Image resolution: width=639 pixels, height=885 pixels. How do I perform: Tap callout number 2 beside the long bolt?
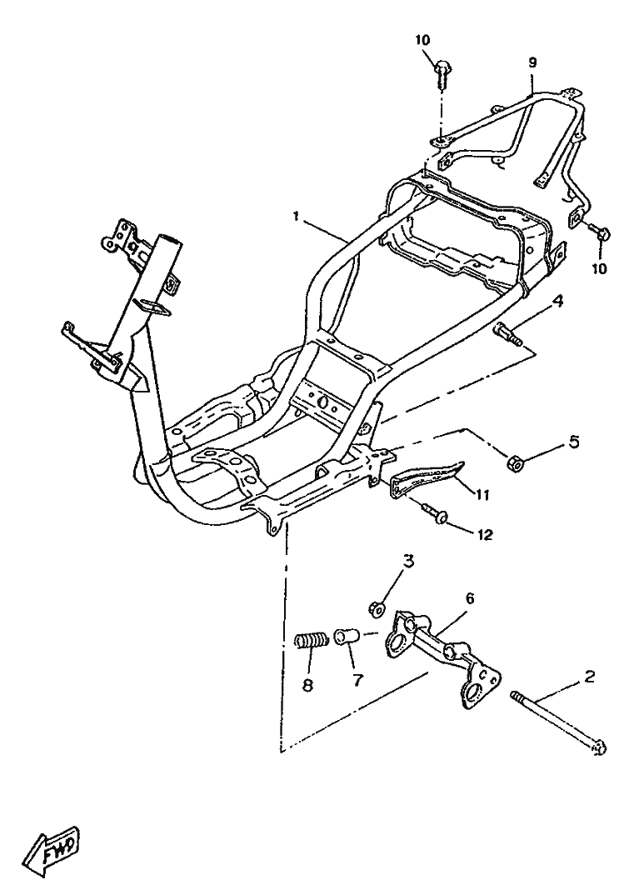point(589,676)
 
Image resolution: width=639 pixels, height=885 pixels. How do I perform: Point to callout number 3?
point(408,562)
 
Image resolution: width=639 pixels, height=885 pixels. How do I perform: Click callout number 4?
point(557,302)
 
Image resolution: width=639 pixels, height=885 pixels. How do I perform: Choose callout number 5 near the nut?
point(573,442)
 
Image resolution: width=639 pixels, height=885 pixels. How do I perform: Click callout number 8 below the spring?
point(308,686)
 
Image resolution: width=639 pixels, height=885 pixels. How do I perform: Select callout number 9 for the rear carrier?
point(532,62)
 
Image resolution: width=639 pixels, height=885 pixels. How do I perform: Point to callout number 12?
point(483,534)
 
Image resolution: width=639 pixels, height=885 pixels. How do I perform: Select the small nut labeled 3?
point(377,608)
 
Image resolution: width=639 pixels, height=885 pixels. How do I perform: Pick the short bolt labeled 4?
point(508,333)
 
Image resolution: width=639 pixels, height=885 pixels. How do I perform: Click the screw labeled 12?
point(433,512)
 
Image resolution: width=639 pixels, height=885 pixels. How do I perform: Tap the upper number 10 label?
point(422,40)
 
